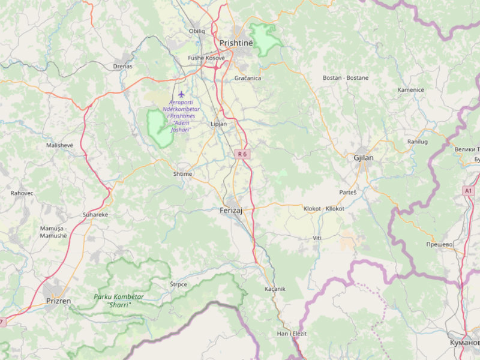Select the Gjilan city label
click(x=364, y=158)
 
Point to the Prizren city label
click(x=59, y=301)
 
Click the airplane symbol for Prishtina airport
click(x=181, y=94)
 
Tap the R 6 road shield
click(x=242, y=154)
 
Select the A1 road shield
click(x=468, y=190)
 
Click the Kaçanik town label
click(x=275, y=289)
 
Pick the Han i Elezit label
click(x=292, y=333)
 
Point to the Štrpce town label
click(x=178, y=284)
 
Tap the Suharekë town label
click(x=95, y=214)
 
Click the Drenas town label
click(x=122, y=66)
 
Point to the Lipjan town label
click(x=219, y=124)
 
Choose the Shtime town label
click(x=182, y=174)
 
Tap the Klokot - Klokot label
click(x=324, y=208)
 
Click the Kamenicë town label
click(x=410, y=89)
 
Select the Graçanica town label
click(x=247, y=78)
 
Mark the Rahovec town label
click(x=22, y=193)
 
